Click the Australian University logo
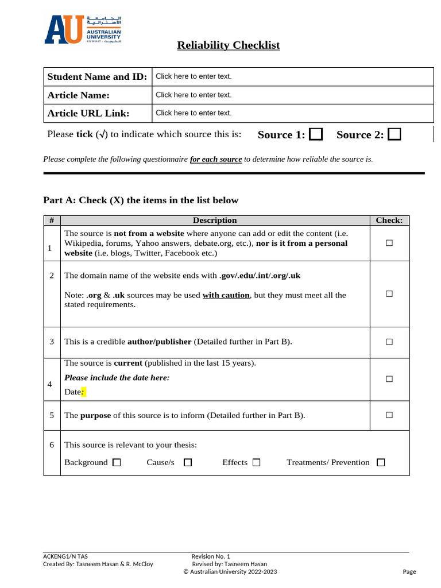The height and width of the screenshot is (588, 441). point(82,30)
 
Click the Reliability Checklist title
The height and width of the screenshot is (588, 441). point(228,45)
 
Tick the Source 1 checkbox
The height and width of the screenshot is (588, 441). point(315,134)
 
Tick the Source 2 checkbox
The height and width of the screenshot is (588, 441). point(394,134)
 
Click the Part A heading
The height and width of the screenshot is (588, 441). point(141,200)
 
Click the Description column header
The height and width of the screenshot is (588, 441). point(215,220)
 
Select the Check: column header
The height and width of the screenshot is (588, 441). point(389,220)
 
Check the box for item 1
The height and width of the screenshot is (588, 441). point(389,243)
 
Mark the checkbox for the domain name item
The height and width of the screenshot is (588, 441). point(389,293)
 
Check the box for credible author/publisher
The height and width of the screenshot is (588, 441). point(389,342)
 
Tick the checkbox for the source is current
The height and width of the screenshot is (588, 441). point(389,379)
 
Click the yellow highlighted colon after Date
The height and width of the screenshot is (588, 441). point(83,392)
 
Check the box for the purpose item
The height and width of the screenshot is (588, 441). point(389,415)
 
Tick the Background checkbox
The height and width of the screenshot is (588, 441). point(117,462)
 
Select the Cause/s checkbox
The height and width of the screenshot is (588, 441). point(188,462)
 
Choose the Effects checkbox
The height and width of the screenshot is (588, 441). point(256,462)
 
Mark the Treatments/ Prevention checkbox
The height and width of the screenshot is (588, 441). point(381,462)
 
